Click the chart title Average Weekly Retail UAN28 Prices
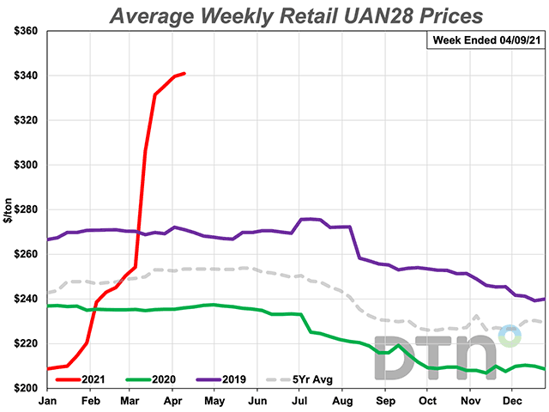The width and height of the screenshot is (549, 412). pyautogui.click(x=296, y=15)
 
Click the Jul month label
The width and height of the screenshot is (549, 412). pyautogui.click(x=300, y=401)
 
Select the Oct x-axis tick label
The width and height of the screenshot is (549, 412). pyautogui.click(x=428, y=401)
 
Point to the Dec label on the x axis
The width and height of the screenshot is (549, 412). pyautogui.click(x=512, y=401)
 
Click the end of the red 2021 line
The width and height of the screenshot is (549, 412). pyautogui.click(x=185, y=74)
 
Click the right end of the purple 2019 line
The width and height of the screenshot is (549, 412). pyautogui.click(x=545, y=299)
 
